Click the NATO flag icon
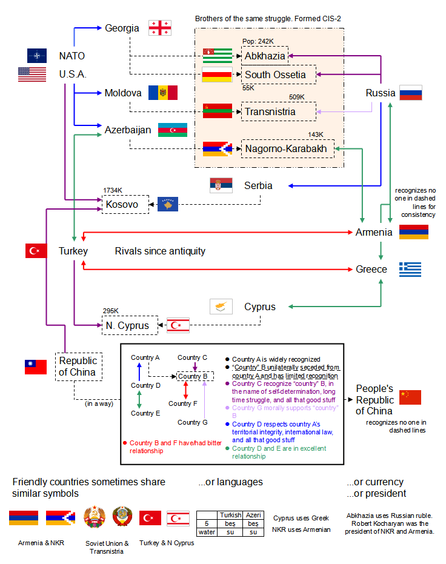click(36, 56)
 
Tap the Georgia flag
click(160, 28)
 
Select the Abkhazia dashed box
click(264, 56)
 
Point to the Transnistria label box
click(278, 111)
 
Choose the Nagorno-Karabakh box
click(287, 148)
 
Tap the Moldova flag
click(162, 93)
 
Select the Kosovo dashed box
click(125, 204)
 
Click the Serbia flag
click(221, 185)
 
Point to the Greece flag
click(410, 270)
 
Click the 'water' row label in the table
click(207, 532)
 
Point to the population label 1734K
click(113, 190)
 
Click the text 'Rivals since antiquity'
click(160, 251)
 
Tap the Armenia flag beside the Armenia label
click(413, 232)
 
